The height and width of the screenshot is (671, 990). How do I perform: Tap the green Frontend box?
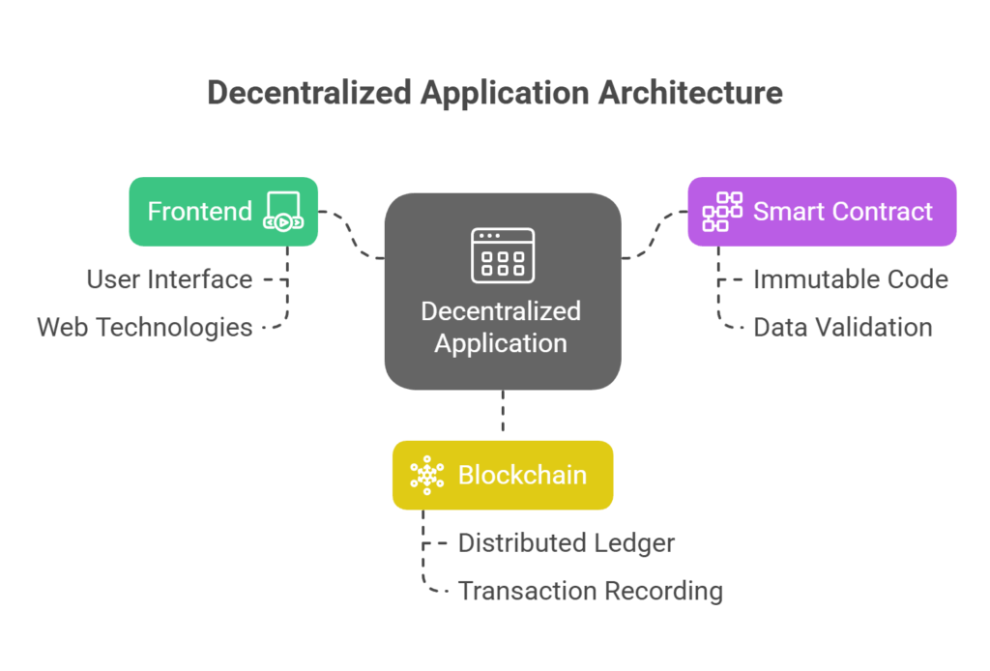point(198,212)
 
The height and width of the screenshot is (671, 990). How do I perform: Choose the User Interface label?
point(169,279)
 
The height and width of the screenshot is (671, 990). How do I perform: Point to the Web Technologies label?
point(145,327)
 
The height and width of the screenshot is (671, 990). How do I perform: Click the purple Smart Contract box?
point(822,212)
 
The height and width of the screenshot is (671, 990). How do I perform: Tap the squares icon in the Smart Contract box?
point(722,212)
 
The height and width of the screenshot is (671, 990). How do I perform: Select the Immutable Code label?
point(851,279)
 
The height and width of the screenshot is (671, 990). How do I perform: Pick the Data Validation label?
point(843,327)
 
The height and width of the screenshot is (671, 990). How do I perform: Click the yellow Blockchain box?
point(503,475)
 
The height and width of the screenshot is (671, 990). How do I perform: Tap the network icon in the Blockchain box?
point(426,475)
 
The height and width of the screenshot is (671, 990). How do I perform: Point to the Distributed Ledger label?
point(566,542)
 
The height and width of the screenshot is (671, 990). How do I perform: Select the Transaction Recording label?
point(590,590)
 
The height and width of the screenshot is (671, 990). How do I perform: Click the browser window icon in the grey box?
point(503,255)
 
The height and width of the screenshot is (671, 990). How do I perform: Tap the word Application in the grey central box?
point(501,343)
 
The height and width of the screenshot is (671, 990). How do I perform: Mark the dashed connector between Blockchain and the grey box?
point(503,415)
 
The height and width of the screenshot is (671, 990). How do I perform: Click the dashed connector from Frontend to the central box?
point(353,237)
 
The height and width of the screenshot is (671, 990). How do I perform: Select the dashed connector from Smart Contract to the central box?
point(653,237)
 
